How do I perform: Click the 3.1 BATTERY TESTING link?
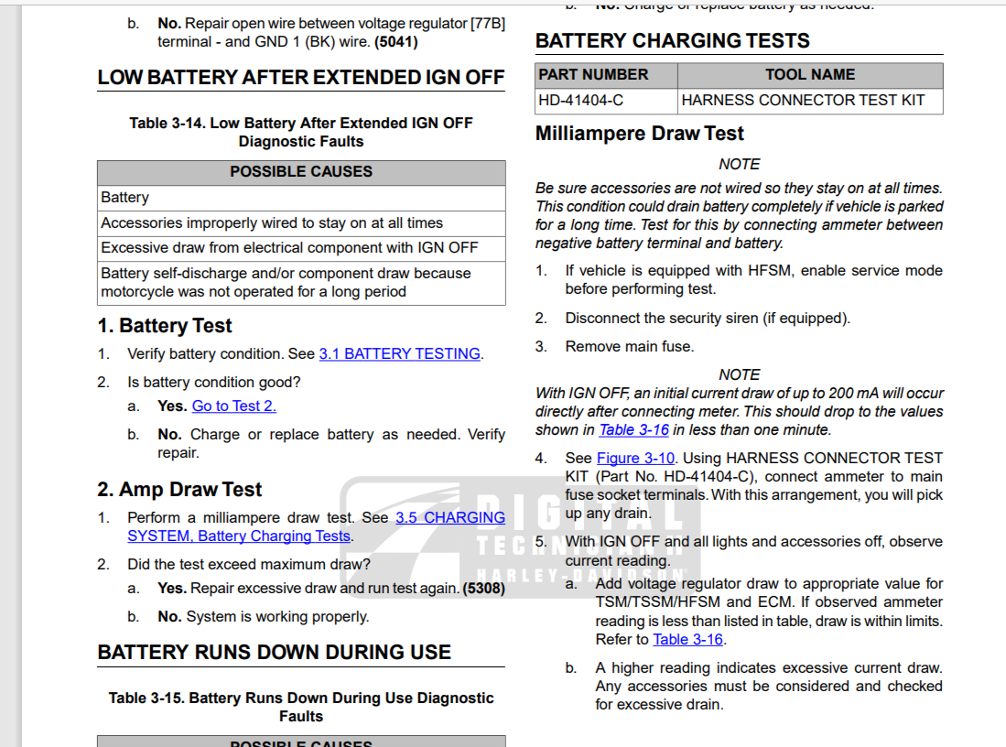[399, 354]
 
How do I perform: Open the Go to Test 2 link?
[233, 406]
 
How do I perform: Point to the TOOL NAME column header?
[809, 75]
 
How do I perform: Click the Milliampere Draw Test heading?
[639, 134]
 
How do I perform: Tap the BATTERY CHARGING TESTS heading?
[672, 41]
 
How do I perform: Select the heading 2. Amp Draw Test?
[179, 490]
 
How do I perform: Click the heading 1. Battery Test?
[165, 326]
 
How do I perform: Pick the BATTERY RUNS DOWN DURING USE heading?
[274, 653]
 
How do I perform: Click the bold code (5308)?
[483, 589]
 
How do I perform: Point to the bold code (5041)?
[396, 42]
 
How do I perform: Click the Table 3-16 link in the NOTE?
[633, 430]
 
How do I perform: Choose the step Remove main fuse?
[629, 347]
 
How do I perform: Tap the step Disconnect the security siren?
[707, 319]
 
